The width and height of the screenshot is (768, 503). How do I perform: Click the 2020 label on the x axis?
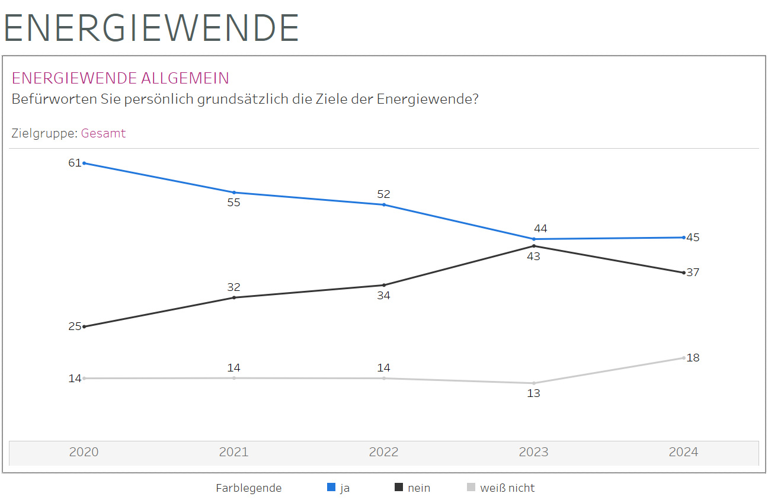(84, 452)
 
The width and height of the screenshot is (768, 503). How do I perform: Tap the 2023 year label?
(533, 452)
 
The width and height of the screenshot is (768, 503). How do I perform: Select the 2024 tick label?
(683, 452)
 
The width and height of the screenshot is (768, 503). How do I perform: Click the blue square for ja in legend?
(331, 488)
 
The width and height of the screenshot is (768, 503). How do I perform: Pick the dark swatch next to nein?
(399, 488)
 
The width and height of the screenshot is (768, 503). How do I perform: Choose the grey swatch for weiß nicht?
(471, 488)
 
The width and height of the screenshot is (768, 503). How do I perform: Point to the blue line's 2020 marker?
(84, 163)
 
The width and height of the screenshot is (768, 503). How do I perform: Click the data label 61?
(74, 162)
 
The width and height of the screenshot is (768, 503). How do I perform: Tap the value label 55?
(233, 203)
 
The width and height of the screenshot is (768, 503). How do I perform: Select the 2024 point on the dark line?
(684, 273)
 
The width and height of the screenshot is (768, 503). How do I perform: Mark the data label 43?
(533, 256)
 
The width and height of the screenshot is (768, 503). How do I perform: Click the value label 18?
(693, 358)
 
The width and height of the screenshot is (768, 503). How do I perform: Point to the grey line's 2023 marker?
(534, 383)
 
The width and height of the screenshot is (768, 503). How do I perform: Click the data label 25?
(74, 326)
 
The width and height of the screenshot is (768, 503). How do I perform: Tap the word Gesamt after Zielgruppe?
(103, 133)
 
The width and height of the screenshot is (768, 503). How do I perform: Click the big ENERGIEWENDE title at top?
(152, 27)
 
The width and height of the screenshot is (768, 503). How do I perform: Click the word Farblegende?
(248, 488)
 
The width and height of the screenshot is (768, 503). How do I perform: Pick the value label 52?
(383, 194)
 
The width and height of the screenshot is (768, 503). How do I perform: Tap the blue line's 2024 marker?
(684, 238)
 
